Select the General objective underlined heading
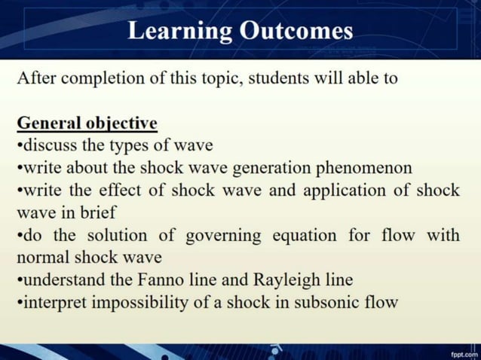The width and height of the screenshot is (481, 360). [x=87, y=123]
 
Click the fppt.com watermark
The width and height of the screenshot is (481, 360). [x=464, y=353]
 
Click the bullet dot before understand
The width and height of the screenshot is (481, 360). [x=19, y=281]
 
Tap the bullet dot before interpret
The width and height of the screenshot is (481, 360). [x=19, y=304]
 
